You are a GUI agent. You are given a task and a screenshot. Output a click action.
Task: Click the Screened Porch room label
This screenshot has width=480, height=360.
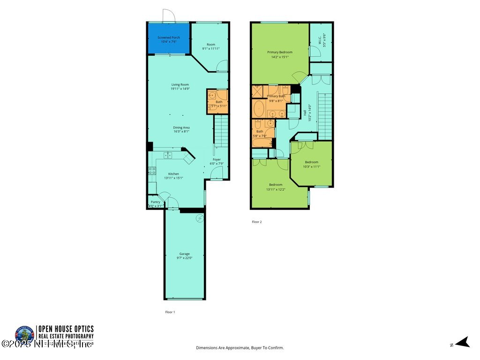169,37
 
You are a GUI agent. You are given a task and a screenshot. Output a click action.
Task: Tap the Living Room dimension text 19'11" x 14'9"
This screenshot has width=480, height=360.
180,89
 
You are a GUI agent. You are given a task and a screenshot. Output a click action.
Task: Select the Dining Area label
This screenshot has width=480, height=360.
181,127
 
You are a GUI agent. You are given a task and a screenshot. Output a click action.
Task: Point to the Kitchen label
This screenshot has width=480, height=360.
173,173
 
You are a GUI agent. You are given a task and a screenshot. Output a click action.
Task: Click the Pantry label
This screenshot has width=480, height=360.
155,202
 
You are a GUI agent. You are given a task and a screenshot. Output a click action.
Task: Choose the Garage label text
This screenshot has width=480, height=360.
184,254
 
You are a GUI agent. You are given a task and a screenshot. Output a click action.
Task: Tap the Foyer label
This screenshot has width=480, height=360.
217,159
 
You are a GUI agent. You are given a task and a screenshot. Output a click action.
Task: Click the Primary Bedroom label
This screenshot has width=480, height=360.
280,52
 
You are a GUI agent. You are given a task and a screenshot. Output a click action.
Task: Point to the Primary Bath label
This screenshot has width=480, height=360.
276,96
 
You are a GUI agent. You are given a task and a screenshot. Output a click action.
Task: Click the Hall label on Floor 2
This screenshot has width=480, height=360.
305,112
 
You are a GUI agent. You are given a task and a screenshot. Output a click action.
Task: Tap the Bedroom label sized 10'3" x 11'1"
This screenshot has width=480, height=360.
312,162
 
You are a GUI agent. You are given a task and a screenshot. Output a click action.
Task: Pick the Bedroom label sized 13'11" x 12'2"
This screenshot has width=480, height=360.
276,185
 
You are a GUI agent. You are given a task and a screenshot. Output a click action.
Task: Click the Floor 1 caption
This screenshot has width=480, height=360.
170,312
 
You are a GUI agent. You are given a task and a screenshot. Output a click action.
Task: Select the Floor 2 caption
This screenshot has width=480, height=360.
256,222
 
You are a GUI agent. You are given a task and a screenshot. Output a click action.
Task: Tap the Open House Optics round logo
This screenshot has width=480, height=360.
25,334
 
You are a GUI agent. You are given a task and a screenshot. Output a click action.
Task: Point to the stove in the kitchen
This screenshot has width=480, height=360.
152,171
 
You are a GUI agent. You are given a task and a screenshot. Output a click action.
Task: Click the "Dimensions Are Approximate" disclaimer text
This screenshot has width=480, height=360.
240,348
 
